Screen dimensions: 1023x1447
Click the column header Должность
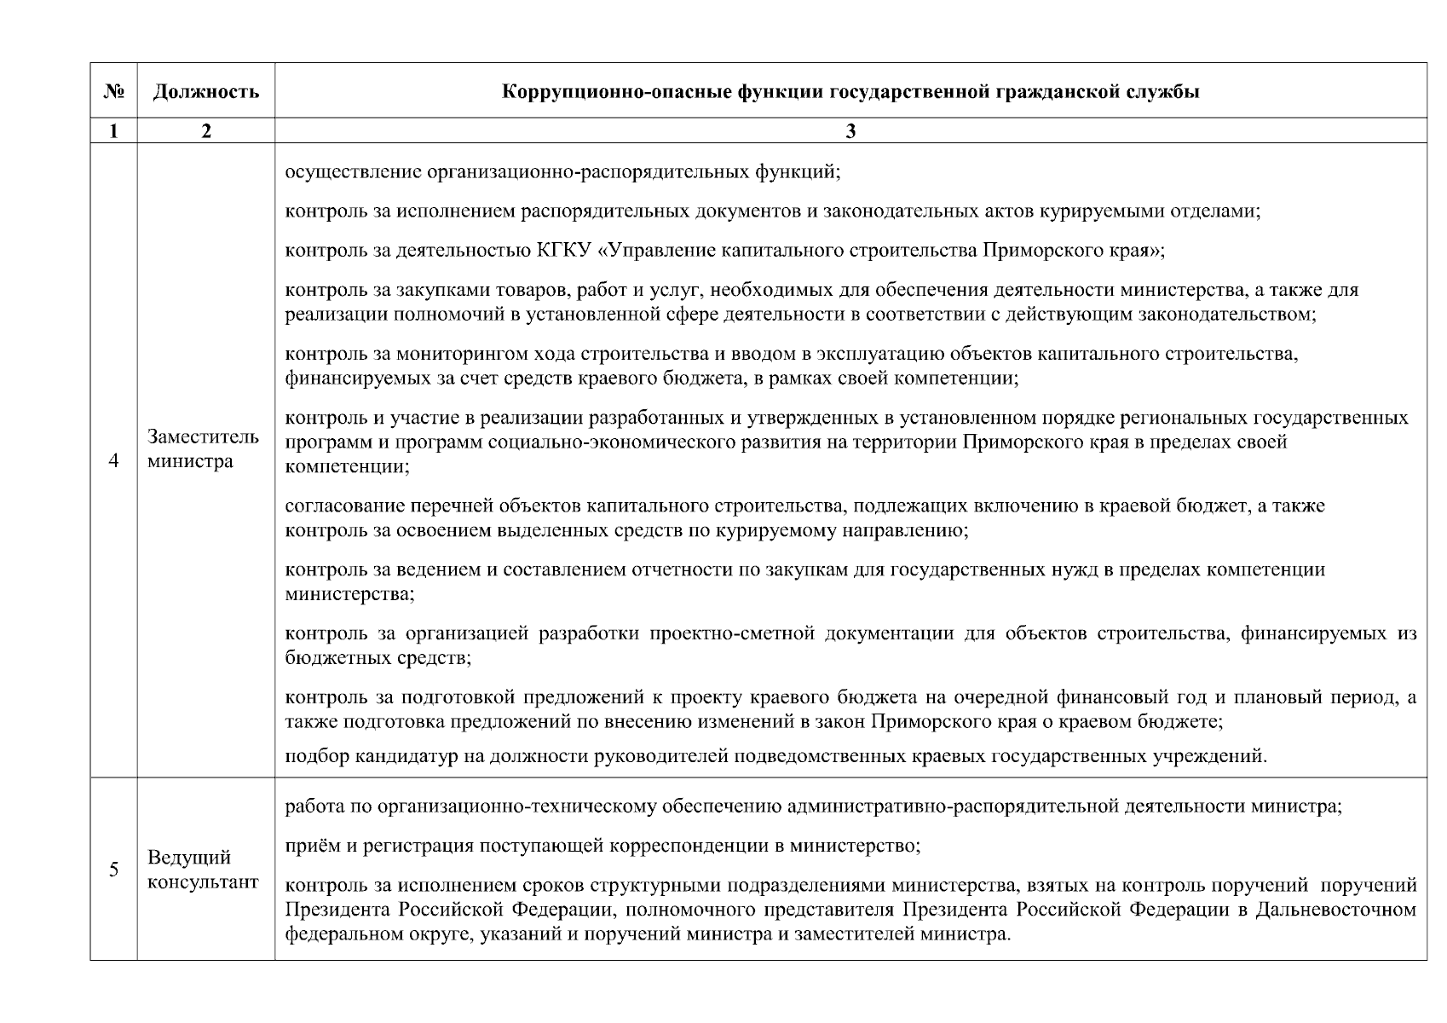(205, 91)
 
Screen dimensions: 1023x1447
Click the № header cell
(112, 91)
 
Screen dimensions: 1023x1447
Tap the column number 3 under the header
(850, 130)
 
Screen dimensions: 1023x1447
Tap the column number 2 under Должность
(205, 130)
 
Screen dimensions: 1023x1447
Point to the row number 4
(113, 461)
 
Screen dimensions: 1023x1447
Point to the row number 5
(113, 870)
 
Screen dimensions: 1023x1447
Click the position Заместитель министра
(203, 449)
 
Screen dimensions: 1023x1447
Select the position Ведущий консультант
(203, 870)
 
